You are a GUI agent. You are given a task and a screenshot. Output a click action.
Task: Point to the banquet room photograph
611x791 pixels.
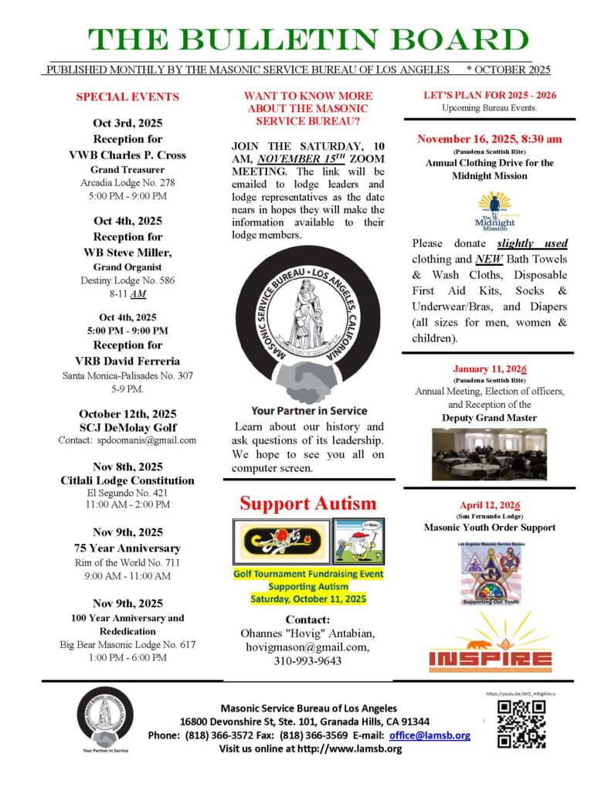coord(490,454)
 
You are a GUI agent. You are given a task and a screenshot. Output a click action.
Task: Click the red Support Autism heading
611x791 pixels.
coord(307,504)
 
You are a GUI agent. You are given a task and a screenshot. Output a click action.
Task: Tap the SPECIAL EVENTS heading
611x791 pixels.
coord(127,97)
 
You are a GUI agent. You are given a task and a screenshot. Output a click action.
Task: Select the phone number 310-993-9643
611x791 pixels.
coord(308,661)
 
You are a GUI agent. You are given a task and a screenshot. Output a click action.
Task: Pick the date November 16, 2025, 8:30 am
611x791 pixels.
coord(490,139)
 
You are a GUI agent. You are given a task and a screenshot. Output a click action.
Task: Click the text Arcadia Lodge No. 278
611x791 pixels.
coord(127,183)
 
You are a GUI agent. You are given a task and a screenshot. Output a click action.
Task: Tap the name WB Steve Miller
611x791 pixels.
coord(127,253)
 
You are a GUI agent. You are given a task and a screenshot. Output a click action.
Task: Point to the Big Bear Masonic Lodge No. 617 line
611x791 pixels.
coord(127,644)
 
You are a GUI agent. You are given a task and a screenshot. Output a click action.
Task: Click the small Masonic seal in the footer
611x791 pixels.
coord(103,715)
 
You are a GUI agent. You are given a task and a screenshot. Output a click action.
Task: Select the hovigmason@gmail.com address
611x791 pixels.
coord(308,647)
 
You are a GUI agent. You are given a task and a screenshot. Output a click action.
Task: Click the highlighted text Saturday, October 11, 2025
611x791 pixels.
coord(308,599)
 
